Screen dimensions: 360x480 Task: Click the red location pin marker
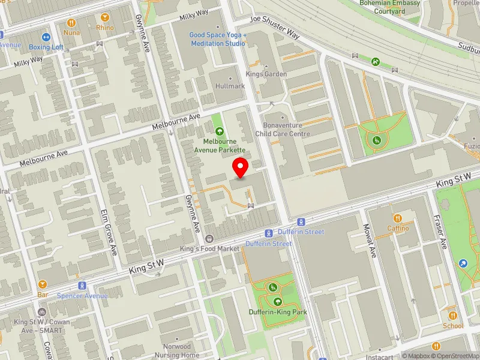coord(241,167)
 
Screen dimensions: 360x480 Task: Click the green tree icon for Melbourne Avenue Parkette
coord(219,131)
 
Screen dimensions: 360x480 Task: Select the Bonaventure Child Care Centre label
coord(283,130)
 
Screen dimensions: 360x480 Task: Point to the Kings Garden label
coord(266,74)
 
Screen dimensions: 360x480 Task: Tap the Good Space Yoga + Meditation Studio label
coord(217,39)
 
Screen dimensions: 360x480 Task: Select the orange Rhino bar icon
coord(105,17)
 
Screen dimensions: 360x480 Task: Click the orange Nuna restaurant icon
coord(71,22)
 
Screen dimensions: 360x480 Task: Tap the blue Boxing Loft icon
coord(46,37)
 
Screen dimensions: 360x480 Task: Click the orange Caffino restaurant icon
coord(397,218)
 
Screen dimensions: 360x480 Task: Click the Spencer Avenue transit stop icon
coord(82,286)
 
